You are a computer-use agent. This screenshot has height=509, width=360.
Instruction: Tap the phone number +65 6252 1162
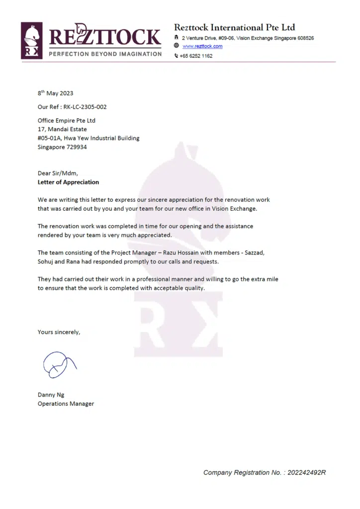[x=196, y=56]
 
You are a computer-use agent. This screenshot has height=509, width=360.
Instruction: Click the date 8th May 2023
[x=56, y=93]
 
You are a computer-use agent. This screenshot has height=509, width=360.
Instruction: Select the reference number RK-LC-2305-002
[x=85, y=107]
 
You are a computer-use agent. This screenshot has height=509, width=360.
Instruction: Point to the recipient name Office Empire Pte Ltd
[x=67, y=121]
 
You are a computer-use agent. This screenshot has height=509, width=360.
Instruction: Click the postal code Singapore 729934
[x=63, y=147]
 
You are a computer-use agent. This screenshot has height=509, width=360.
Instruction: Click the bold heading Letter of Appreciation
[x=69, y=182]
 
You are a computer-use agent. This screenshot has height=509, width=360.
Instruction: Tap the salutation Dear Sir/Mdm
[x=58, y=173]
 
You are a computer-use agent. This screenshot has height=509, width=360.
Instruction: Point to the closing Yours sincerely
[x=59, y=332]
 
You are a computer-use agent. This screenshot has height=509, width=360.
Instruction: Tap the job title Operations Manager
[x=66, y=404]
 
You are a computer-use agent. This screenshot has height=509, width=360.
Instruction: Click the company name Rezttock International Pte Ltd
[x=234, y=27]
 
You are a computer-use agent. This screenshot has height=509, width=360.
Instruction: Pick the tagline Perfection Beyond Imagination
[x=105, y=54]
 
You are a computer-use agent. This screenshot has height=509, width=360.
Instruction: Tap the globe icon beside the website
[x=177, y=46]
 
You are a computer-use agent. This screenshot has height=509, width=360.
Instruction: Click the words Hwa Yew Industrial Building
[x=100, y=138]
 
